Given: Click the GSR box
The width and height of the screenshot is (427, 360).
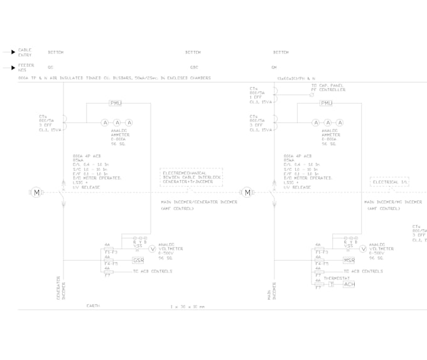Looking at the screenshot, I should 138,260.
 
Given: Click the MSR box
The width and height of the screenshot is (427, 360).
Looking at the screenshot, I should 349,260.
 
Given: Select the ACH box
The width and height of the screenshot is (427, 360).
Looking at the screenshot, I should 349,284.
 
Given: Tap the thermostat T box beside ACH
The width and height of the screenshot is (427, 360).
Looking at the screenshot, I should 332,284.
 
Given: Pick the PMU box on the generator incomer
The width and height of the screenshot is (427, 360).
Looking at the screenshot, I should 116,103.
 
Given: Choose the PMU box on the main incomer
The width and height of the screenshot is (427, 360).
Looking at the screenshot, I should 327,103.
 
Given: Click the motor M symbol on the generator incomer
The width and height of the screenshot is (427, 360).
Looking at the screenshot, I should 36,192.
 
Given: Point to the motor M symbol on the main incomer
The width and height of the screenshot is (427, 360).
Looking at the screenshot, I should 247,192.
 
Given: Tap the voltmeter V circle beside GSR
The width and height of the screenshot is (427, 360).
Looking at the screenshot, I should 152,249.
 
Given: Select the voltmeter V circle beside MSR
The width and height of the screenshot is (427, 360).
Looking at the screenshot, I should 363,249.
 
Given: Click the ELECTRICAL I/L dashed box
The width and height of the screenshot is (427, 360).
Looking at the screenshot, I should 389,182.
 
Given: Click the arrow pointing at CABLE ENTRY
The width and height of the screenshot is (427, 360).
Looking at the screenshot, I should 12,52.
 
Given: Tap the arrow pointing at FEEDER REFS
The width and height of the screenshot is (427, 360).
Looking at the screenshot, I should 12,67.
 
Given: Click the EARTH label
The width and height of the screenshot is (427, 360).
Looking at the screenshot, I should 93,305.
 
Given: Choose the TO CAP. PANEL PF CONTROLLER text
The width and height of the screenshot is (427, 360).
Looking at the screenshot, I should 328,88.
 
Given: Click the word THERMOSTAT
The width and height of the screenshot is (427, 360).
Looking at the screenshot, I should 337,278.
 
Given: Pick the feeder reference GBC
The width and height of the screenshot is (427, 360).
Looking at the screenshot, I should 194,67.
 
